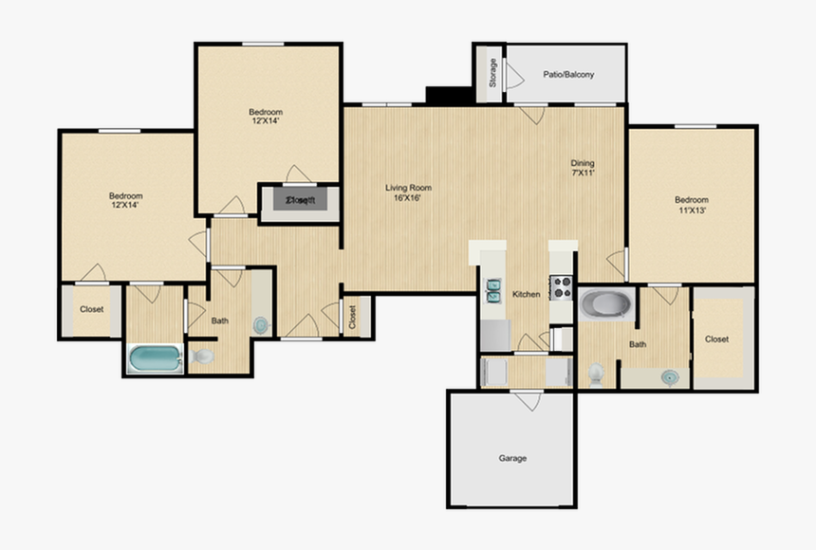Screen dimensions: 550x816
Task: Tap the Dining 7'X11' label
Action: (x=583, y=168)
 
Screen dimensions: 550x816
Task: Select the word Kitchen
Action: (x=527, y=294)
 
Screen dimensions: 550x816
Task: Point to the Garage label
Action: (x=512, y=458)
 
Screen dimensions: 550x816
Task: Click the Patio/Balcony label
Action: (x=568, y=74)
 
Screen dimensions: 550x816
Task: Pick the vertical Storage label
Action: (x=492, y=74)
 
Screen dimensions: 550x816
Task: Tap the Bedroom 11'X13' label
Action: (x=692, y=205)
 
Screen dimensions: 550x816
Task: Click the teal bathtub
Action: (x=156, y=358)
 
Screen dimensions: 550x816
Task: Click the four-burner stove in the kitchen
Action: (x=561, y=287)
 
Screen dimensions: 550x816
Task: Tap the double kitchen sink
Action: (x=494, y=290)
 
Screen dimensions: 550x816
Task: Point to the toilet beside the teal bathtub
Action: (x=203, y=357)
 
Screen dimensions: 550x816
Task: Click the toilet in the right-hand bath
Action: (x=595, y=374)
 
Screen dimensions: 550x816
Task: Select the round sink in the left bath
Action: (x=261, y=324)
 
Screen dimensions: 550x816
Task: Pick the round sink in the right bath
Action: (x=671, y=376)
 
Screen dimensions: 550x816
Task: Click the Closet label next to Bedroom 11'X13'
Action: (x=716, y=339)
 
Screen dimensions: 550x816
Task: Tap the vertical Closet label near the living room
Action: (x=352, y=317)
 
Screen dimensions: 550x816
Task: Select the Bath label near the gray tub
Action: (x=638, y=344)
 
